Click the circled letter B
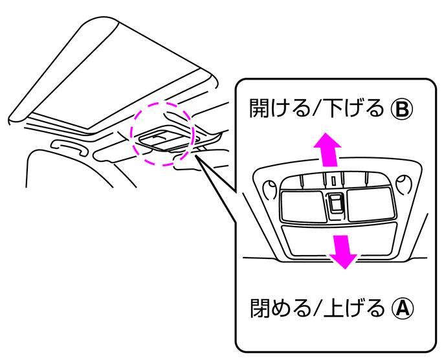coord(402,109)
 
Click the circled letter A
coord(403,308)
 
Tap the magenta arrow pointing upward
coord(327,150)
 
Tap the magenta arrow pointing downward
coord(343,251)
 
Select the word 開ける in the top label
coord(280,109)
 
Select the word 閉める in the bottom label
coord(281,308)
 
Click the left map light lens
coord(303,206)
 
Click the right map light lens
coord(370,204)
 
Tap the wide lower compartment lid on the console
coord(339,240)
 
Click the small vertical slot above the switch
coord(334,181)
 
